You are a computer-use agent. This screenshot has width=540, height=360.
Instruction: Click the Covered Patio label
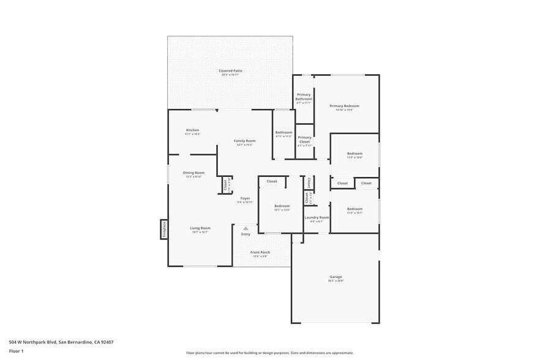tap(230, 71)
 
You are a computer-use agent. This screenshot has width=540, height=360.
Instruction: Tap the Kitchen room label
tap(193, 130)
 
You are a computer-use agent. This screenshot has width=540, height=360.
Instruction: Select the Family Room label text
tap(245, 141)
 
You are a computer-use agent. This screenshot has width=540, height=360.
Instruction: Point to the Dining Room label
tap(193, 173)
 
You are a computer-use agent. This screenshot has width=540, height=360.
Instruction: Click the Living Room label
tap(200, 228)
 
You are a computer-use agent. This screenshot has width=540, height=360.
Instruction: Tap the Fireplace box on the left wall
tap(164, 229)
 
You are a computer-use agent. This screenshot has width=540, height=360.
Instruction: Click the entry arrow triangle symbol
tap(246, 228)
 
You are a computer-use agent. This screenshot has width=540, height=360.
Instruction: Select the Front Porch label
tap(260, 252)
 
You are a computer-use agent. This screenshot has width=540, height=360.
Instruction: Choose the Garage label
tap(336, 277)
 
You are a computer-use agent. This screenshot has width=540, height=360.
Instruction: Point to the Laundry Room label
tap(317, 217)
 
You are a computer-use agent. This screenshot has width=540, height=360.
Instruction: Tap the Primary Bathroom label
tap(304, 97)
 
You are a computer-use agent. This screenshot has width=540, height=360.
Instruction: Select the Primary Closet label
tap(304, 140)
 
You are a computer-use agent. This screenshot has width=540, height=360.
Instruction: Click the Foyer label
tap(245, 198)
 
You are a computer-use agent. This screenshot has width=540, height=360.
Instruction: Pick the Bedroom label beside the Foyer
tap(282, 206)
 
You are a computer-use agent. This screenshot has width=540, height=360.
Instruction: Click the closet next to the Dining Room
tap(226, 184)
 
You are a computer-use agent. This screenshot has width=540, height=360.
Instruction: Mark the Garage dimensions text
tap(336, 281)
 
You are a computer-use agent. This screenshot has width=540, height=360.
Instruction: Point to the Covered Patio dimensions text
tap(230, 75)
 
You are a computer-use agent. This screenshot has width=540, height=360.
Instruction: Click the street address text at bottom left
tap(61, 342)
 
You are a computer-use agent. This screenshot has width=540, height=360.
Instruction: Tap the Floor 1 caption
tap(16, 351)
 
